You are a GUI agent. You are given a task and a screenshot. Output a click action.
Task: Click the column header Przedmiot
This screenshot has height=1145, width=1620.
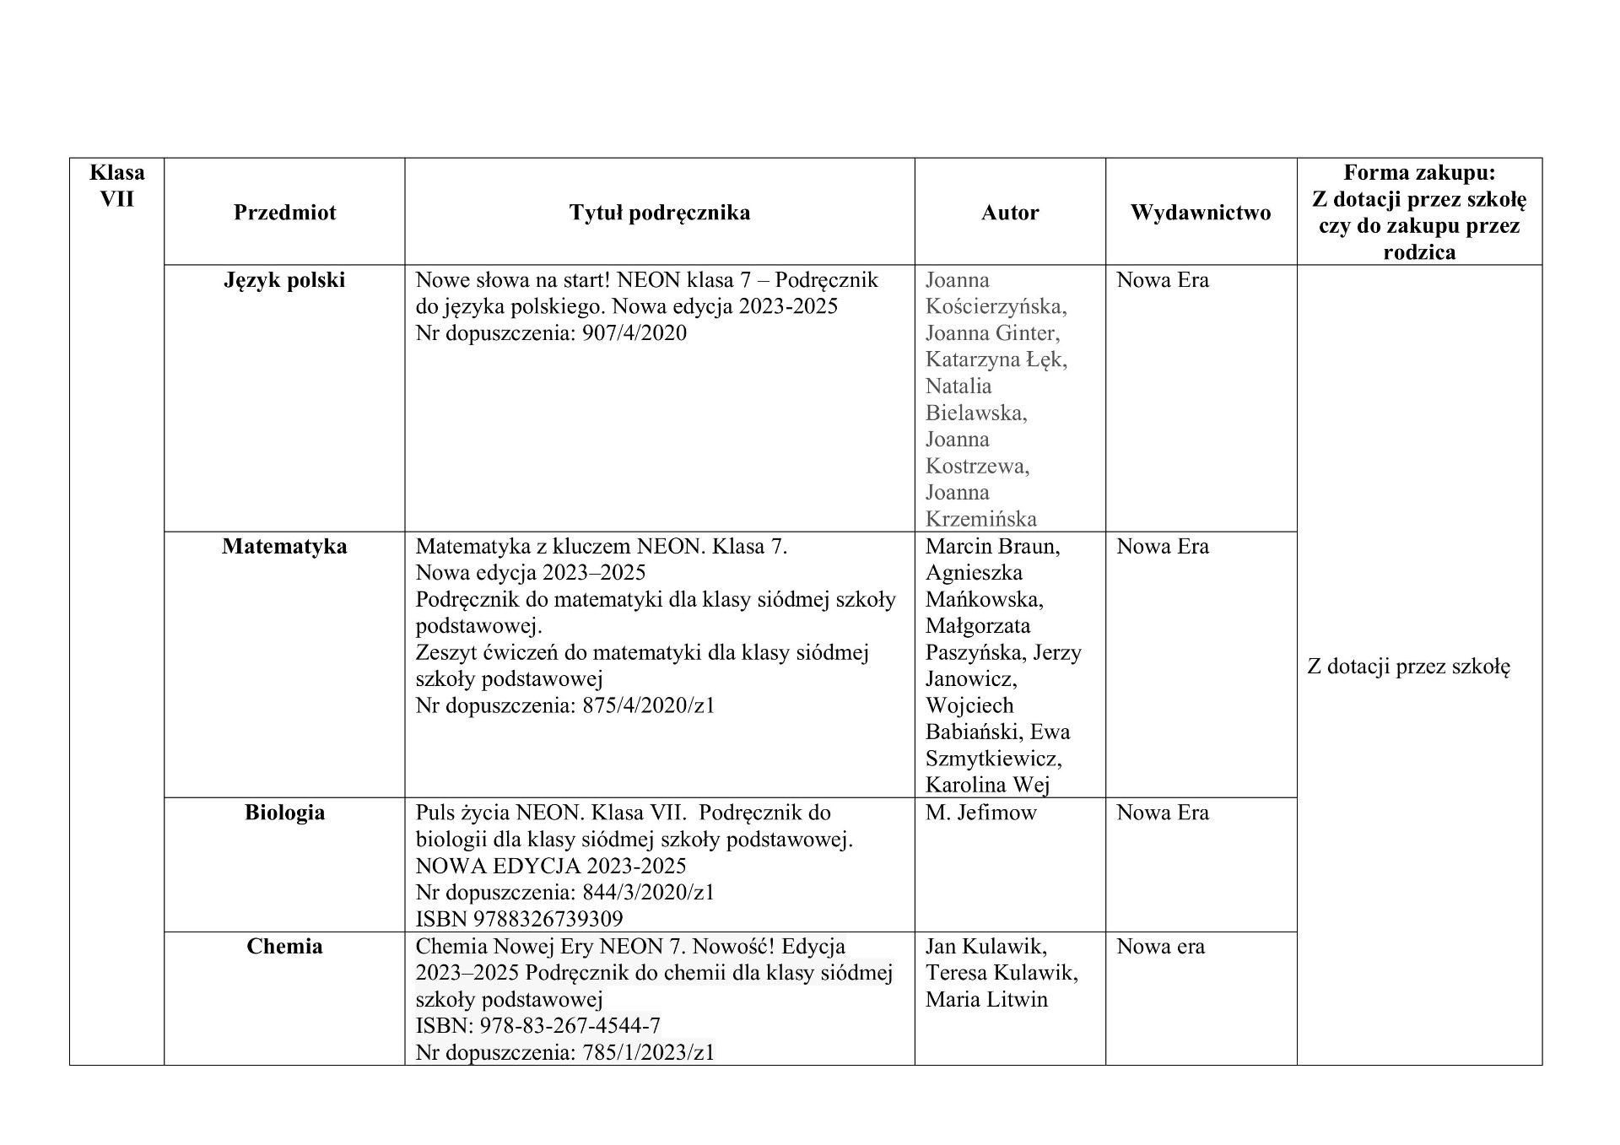284,213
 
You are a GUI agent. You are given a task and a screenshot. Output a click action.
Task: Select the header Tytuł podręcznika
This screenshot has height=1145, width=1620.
659,213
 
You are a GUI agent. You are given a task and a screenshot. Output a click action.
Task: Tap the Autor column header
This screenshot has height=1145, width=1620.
1009,213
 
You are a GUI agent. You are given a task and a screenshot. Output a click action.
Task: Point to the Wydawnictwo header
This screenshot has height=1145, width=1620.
1200,213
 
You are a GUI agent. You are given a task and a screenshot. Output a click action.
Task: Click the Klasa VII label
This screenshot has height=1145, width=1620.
116,186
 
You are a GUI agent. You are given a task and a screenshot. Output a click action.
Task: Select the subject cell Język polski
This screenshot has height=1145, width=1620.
284,280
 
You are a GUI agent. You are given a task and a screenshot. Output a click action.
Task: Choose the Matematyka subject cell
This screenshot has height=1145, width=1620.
284,547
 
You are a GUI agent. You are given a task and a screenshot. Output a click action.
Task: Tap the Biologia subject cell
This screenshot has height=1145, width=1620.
284,813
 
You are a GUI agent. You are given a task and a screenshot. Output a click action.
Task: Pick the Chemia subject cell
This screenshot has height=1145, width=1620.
284,947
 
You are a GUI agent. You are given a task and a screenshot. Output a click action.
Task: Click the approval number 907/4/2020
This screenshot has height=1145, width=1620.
634,333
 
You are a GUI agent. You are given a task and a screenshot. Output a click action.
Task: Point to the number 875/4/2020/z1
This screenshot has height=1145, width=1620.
648,705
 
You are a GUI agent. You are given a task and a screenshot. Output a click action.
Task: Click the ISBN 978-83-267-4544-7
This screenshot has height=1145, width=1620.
570,1026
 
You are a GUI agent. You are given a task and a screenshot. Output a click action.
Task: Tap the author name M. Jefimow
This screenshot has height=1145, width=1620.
980,813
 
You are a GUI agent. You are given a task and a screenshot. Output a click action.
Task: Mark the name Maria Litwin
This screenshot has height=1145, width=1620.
985,1000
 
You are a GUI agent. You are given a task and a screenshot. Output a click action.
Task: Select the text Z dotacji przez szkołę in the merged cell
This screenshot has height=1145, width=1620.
1408,667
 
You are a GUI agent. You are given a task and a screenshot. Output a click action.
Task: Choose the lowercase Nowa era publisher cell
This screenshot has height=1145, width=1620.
1160,947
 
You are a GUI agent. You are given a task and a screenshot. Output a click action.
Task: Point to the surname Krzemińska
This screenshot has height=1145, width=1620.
980,519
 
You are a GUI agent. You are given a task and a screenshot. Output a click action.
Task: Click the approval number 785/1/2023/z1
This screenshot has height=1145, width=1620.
648,1053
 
